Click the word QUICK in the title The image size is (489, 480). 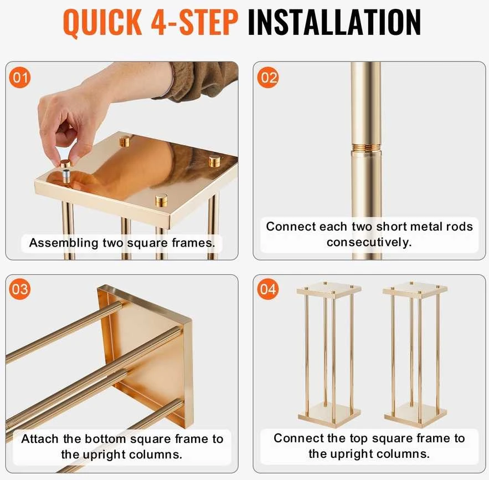coord(102,23)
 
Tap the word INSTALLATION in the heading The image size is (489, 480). coord(334,22)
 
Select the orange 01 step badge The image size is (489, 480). coord(19,78)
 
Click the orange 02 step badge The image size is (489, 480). coord(267,78)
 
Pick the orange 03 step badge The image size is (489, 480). coord(19,289)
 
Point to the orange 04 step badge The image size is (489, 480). coord(267,289)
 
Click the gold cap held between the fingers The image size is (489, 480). coord(65,164)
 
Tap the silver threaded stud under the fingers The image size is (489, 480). coord(66,176)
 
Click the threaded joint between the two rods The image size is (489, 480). coord(366,147)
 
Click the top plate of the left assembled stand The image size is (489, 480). coord(329,290)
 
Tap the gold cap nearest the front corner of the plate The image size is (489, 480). coord(161,200)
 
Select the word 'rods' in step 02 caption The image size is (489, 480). coord(460,227)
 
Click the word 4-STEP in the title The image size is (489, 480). coord(194,22)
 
